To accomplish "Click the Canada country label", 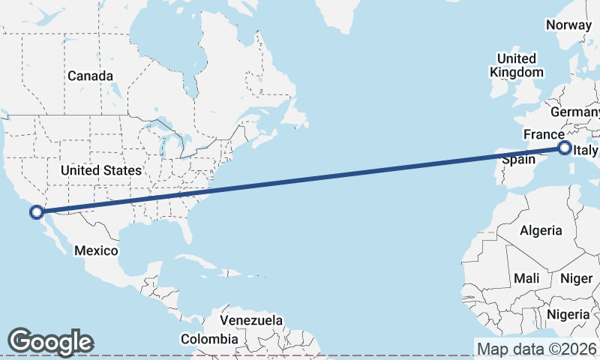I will [x=90, y=76].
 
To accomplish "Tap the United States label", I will [x=101, y=170].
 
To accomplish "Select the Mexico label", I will [x=96, y=250].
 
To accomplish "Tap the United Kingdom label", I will [x=516, y=65].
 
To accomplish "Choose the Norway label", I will [x=568, y=25].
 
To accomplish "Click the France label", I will [x=544, y=134].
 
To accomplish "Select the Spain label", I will [x=518, y=159].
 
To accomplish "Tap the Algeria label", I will [x=541, y=230].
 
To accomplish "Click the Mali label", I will [x=526, y=278].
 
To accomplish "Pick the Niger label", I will [x=577, y=278].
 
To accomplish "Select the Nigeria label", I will [x=568, y=313].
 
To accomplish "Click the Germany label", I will [x=576, y=112].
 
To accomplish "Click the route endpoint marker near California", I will [x=36, y=212].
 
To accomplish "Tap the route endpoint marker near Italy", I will [x=564, y=148].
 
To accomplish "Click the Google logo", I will [x=50, y=341].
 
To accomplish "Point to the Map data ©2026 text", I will [x=537, y=349].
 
